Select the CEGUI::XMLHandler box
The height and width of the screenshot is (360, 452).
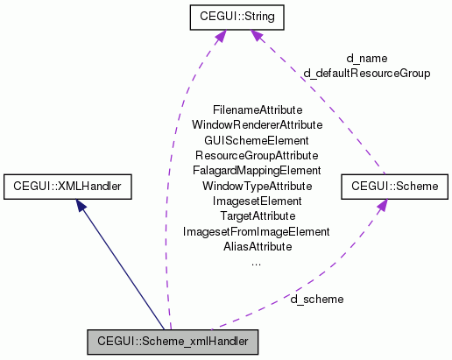67,186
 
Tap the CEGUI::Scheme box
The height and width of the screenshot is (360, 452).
394,186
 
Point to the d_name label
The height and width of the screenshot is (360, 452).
366,59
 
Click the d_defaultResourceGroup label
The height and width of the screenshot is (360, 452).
366,73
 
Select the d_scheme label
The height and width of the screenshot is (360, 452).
317,299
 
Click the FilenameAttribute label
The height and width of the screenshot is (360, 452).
257,110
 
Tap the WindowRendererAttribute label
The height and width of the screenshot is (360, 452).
257,125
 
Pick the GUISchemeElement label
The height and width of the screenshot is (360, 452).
257,140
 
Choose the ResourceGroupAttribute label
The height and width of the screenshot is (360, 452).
257,155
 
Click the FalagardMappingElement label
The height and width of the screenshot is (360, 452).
257,170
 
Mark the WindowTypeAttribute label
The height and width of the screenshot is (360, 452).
257,186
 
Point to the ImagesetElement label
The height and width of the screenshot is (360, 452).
257,201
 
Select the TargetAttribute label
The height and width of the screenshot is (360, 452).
257,215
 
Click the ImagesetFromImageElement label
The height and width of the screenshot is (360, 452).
257,231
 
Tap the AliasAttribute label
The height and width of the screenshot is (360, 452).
257,246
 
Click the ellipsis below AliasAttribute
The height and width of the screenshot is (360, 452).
257,262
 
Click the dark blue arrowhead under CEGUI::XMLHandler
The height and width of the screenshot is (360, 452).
81,204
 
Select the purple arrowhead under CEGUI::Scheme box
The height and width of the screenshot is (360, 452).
382,205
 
